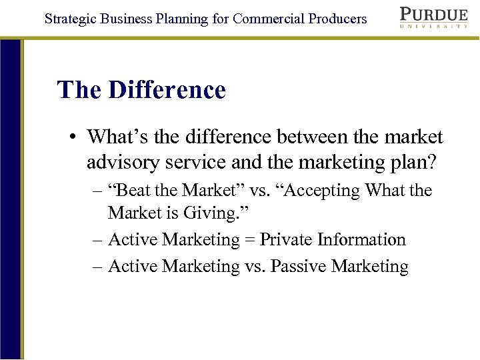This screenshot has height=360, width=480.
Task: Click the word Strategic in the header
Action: click(71, 19)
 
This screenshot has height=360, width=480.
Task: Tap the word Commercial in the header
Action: click(268, 19)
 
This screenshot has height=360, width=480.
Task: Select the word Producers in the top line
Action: click(337, 19)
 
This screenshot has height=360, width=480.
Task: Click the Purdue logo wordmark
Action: click(434, 14)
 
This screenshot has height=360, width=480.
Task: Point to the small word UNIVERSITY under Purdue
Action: click(434, 27)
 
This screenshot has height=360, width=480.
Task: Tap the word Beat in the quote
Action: click(135, 191)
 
